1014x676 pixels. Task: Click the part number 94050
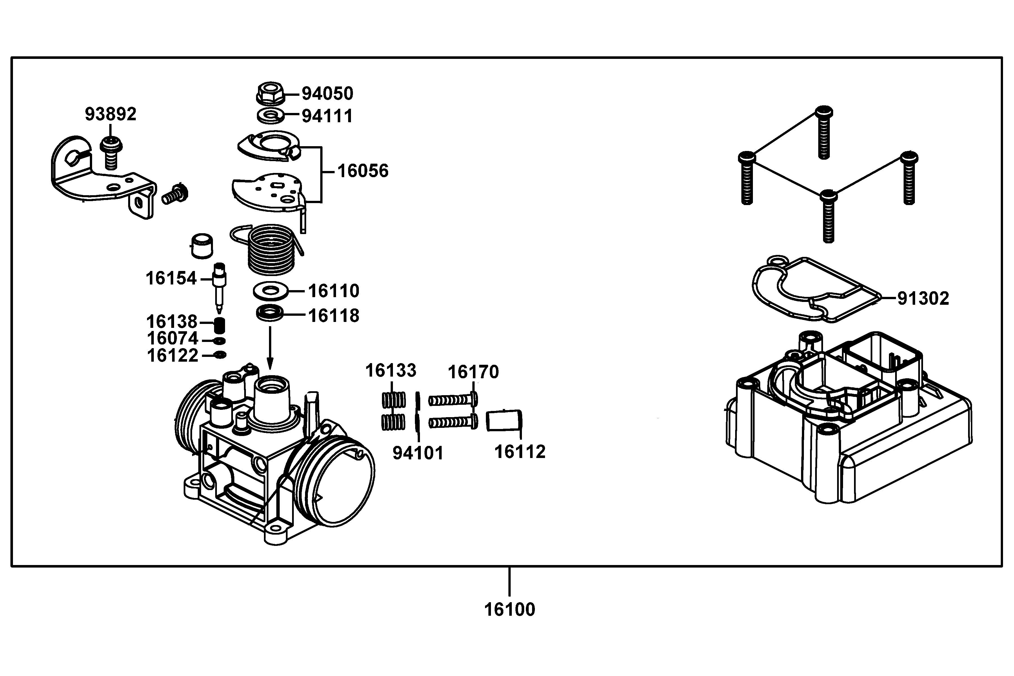coord(327,94)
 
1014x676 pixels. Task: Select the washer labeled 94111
coord(270,115)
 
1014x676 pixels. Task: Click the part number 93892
coord(110,114)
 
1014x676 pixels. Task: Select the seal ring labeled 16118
coord(270,313)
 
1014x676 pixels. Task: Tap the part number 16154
coord(171,279)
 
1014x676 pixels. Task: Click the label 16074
coord(172,339)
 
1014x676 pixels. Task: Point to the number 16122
coord(172,356)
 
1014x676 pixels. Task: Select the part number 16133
coord(391,370)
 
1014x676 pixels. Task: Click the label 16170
coord(473,372)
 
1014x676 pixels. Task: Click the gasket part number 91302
coord(923,298)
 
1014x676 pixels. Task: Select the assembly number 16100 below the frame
coord(510,610)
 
